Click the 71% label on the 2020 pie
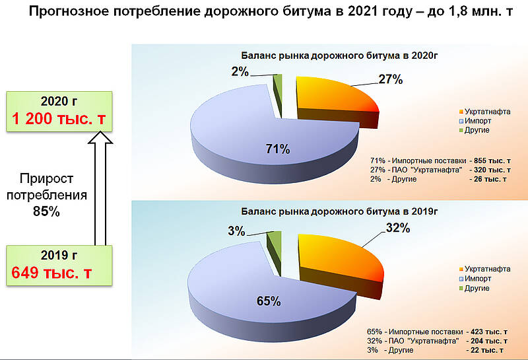point(278,149)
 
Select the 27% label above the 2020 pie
point(391,79)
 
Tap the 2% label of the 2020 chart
point(240,71)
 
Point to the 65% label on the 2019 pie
point(269,301)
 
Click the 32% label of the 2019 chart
point(398,228)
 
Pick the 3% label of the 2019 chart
point(236,231)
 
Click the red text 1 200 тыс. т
point(59,119)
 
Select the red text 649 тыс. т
point(51,273)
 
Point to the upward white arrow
point(100,189)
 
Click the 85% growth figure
point(46,211)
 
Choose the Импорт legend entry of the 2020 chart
point(475,121)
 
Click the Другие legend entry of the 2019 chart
point(474,288)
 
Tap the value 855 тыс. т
point(492,161)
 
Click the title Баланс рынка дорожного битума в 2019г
point(339,211)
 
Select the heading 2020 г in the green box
point(59,101)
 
